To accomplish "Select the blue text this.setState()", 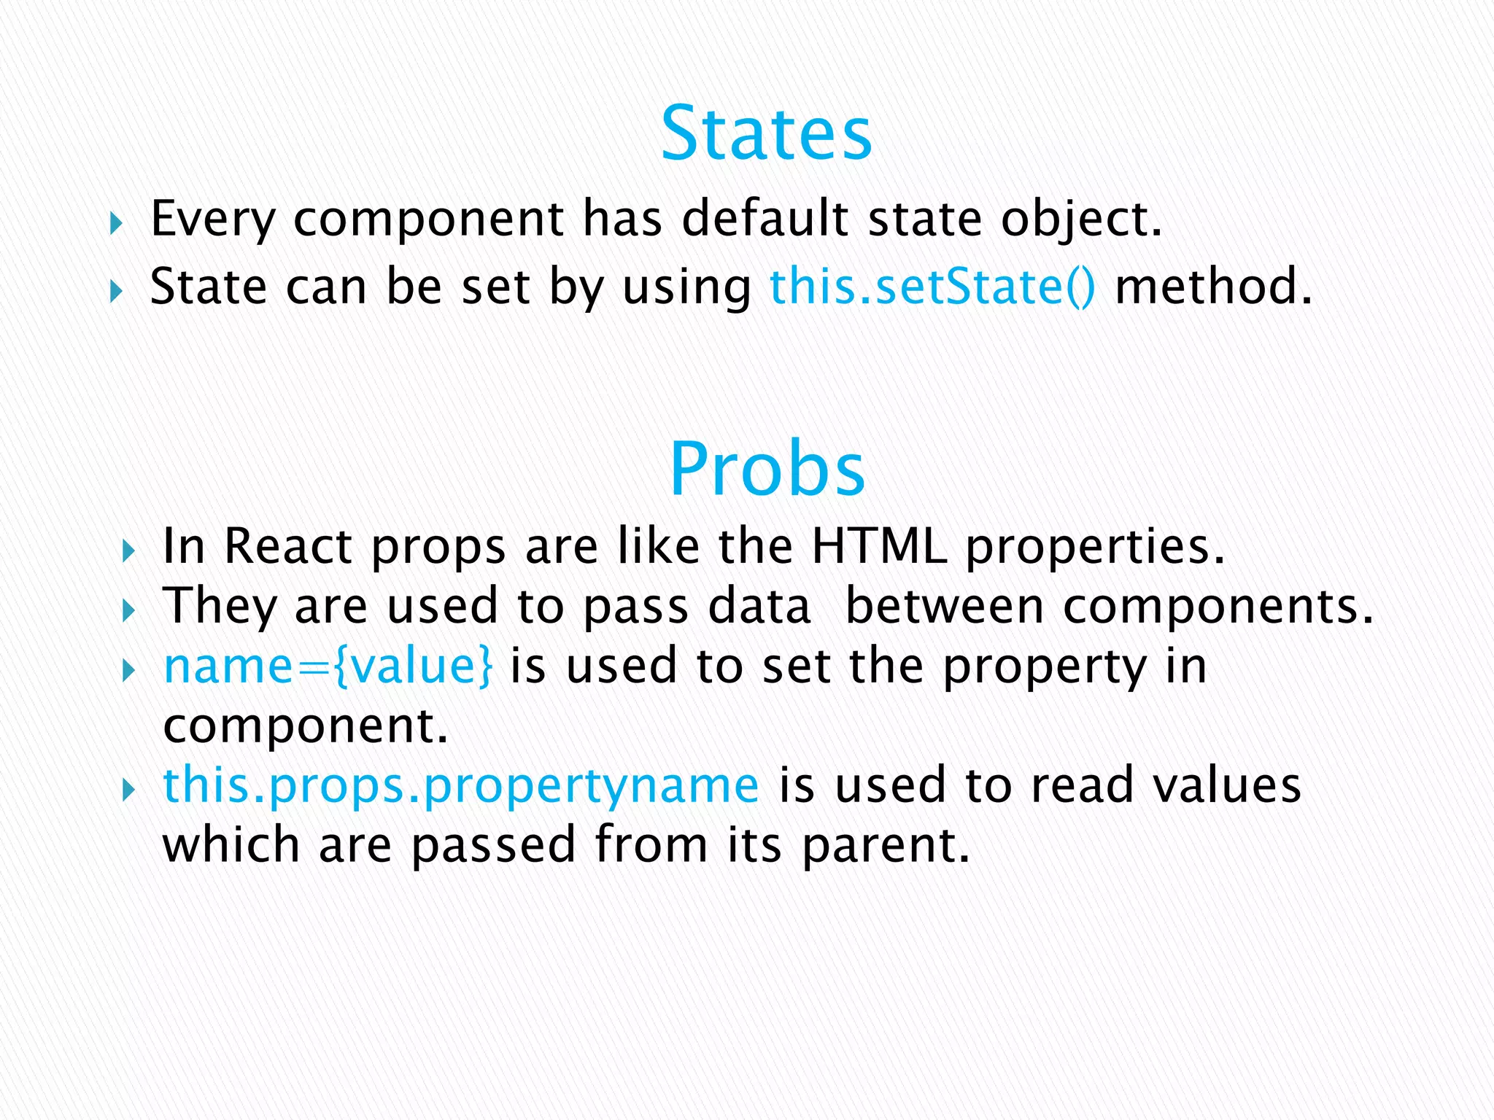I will [932, 286].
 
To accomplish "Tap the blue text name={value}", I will [328, 666].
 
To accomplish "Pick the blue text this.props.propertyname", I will [461, 785].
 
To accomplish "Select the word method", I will [1204, 286].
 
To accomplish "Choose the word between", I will [945, 606].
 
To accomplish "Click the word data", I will [759, 606].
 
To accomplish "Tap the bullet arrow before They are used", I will [128, 610].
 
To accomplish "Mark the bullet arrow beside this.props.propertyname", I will [128, 790].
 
